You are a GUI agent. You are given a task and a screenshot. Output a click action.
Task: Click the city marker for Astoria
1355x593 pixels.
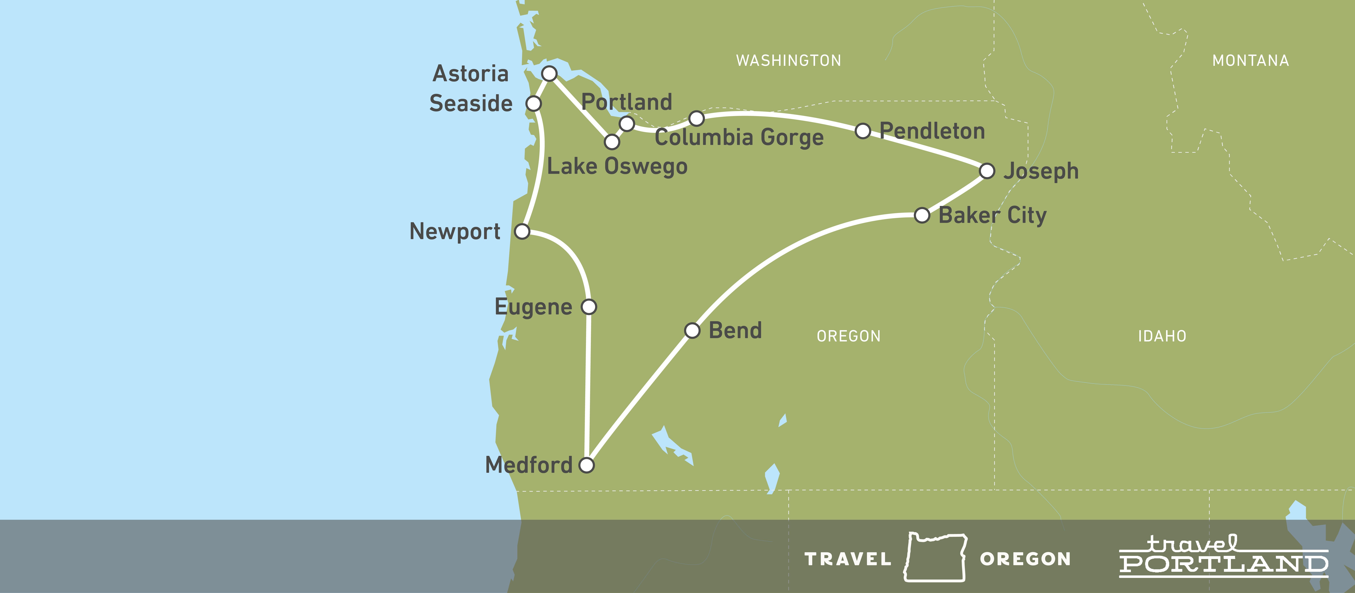click(549, 74)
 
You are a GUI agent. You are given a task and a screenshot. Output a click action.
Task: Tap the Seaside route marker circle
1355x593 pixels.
click(533, 104)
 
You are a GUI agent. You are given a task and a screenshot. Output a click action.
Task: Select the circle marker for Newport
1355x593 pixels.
click(522, 231)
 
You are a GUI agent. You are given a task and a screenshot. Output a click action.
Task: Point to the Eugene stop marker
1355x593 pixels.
click(589, 306)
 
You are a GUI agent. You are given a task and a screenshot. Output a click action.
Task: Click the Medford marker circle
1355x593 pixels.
click(586, 465)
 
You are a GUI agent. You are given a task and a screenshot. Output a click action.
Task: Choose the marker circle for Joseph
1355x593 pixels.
click(987, 171)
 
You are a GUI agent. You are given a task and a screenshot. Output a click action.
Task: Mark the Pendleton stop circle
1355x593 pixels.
click(863, 131)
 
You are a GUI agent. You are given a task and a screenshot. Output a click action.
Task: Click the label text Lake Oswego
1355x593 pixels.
click(617, 167)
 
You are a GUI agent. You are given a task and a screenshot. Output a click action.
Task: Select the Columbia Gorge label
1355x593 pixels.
click(739, 138)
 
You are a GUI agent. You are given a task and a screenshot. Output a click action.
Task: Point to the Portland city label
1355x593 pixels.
click(626, 102)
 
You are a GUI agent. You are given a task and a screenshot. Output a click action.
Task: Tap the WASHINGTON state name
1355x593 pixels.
click(788, 61)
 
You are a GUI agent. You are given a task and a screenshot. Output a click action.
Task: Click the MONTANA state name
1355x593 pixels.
click(1250, 61)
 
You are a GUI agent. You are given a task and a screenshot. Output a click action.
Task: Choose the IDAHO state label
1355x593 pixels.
click(1162, 336)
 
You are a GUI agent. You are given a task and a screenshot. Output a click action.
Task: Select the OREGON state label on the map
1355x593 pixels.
click(849, 336)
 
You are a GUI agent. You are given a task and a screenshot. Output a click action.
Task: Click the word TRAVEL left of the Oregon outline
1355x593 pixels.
click(848, 559)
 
